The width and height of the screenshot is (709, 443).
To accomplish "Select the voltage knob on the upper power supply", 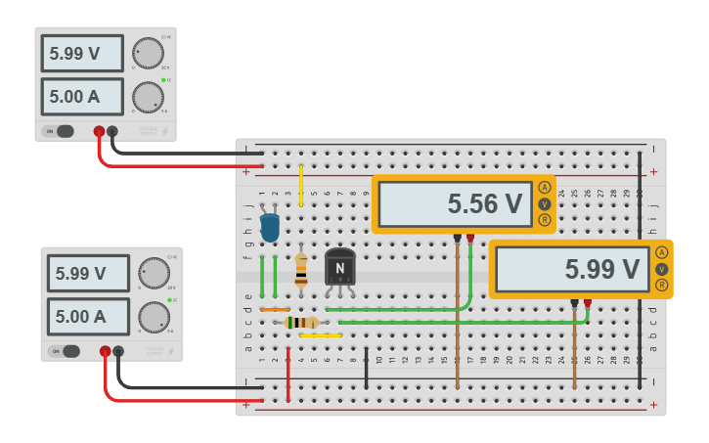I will point(149,53).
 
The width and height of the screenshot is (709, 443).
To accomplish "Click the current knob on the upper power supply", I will point(148,97).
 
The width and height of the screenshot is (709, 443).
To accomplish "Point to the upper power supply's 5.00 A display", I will point(82,97).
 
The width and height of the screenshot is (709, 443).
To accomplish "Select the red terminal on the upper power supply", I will point(99,131).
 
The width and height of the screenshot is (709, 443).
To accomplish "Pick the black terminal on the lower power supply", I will point(118,351).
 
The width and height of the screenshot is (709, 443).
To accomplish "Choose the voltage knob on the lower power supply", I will point(154,273).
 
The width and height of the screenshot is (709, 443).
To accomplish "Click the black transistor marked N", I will point(339,267).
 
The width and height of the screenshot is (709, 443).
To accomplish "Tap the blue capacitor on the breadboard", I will point(270,228).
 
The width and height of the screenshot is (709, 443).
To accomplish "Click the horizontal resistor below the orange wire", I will point(302,322).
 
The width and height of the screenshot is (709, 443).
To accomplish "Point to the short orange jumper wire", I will point(275,309).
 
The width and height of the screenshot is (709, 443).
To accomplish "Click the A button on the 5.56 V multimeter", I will point(545,187).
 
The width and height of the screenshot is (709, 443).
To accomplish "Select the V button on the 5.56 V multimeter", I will point(545,203).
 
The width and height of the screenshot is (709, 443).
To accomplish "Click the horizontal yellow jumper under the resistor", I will point(321,335).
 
